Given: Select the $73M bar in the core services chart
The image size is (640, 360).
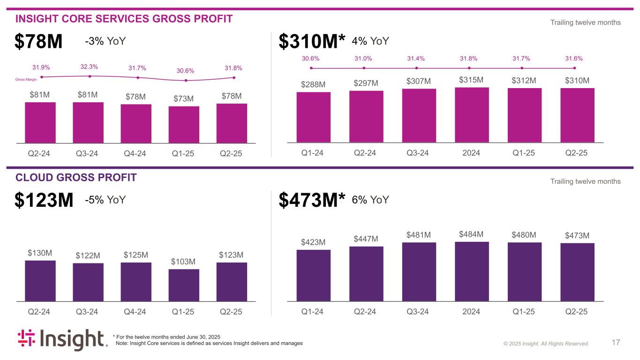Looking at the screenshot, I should pos(184,124).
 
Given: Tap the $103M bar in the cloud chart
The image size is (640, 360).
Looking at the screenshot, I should pos(184,285).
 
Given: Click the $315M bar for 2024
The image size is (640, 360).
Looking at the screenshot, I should pos(472,114).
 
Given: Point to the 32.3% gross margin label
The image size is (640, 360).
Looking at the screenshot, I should pos(89,67).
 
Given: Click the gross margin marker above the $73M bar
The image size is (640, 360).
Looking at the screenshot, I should pos(186,80).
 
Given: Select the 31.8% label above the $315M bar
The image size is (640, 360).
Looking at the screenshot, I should pos(469,59).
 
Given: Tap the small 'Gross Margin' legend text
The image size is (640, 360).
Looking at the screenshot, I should pos(26,80).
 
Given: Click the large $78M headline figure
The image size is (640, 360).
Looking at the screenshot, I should pos(38,42).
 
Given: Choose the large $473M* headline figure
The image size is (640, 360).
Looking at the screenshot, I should pos(312,201).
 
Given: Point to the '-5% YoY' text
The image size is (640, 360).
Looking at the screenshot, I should pos(105,200).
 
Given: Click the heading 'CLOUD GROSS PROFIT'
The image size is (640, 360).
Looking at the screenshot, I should pos(76,177).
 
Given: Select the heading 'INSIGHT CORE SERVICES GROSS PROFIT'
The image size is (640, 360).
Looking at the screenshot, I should pos(124,19).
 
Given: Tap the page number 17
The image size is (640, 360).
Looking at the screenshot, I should pos(616,343).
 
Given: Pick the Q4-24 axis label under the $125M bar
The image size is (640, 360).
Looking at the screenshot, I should pos(136,312).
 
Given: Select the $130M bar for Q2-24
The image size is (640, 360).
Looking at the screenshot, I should pos(40,280).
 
